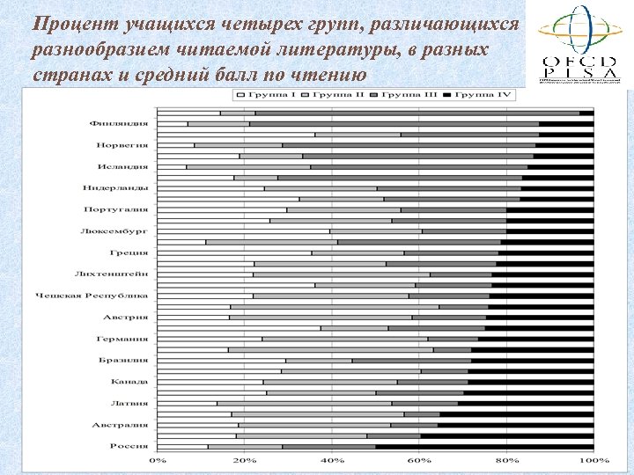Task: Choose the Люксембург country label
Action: click(x=120, y=230)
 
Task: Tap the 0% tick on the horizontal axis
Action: click(x=157, y=461)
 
